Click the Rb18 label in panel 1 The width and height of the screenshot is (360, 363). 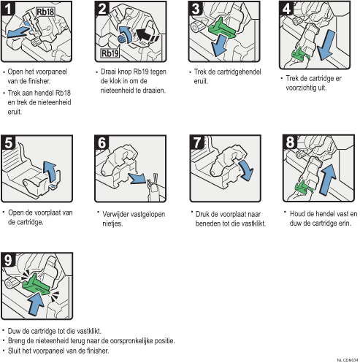45,12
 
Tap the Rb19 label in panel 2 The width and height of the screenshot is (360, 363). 110,53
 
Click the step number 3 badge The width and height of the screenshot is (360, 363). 196,9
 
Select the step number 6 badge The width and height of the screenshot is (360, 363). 102,142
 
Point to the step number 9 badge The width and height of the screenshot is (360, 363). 8,260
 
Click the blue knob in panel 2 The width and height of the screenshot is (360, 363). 121,39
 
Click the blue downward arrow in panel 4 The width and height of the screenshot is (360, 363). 326,45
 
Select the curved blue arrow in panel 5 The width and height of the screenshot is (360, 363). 50,172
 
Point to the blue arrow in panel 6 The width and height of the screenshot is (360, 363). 137,179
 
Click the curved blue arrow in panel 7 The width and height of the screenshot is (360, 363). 246,169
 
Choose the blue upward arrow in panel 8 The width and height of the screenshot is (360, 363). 328,180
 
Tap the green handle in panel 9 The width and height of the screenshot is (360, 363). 36,285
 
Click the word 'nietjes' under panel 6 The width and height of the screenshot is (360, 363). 112,223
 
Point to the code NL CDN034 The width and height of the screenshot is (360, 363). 348,360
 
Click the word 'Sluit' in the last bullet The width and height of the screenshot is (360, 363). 14,351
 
